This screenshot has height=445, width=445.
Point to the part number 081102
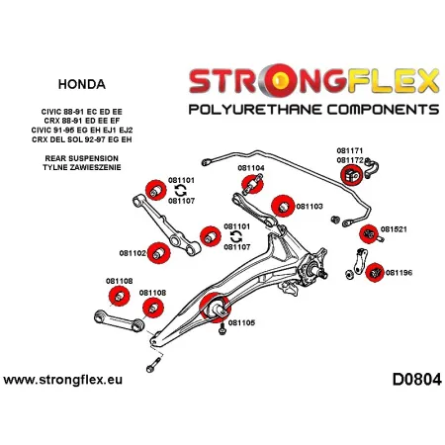point(133,253)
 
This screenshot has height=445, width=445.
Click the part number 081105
point(241,322)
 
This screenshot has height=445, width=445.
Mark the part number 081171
point(349,150)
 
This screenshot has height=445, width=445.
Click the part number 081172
point(349,159)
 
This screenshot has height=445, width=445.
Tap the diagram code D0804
point(407,381)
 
